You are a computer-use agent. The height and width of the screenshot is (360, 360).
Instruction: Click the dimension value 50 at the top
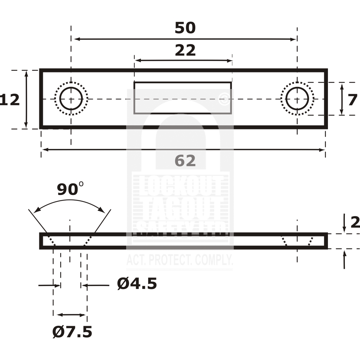pyautogui.click(x=185, y=28)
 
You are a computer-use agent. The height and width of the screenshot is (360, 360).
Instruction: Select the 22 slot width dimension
pyautogui.click(x=185, y=50)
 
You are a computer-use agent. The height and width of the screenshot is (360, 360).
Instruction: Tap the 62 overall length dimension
pyautogui.click(x=185, y=161)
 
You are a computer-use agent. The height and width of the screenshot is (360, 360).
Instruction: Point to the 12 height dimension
pyautogui.click(x=10, y=100)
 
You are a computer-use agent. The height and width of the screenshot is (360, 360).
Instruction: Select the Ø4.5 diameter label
pyautogui.click(x=137, y=284)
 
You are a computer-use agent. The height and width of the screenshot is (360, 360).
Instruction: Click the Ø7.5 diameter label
pyautogui.click(x=72, y=332)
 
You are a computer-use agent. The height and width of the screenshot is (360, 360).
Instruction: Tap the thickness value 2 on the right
pyautogui.click(x=355, y=223)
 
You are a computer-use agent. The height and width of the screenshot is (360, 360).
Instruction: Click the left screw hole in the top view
pyautogui.click(x=71, y=99)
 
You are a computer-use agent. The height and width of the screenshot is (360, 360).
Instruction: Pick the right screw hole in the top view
pyautogui.click(x=297, y=99)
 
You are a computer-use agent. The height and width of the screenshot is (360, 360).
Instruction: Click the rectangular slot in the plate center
pyautogui.click(x=183, y=98)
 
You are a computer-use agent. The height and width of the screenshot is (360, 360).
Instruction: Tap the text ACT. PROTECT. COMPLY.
pyautogui.click(x=179, y=260)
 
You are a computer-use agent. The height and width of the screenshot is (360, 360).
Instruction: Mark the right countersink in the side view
pyautogui.click(x=297, y=241)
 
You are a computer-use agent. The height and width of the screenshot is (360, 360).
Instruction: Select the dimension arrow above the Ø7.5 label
pyautogui.click(x=72, y=315)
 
